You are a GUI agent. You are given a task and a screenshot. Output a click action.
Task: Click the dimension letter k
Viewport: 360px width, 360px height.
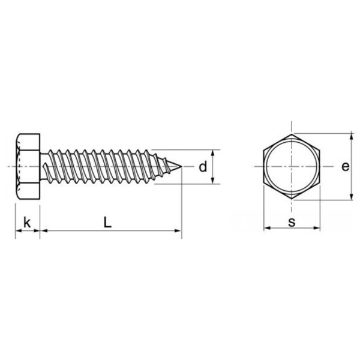point(26,223)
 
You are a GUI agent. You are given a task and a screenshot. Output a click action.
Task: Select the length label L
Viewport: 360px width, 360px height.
point(107,222)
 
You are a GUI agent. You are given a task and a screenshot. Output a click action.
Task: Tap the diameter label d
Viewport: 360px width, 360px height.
point(203,166)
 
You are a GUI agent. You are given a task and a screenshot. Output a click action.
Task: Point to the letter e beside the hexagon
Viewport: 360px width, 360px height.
point(344,166)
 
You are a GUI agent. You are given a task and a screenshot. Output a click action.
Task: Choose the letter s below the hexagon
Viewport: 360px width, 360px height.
point(292,222)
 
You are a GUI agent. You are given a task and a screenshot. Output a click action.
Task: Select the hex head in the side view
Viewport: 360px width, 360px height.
point(27,166)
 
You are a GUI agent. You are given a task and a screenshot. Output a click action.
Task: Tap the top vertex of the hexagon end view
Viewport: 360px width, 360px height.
point(292,133)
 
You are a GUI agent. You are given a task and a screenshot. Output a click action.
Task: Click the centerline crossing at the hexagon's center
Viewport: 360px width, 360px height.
point(292,166)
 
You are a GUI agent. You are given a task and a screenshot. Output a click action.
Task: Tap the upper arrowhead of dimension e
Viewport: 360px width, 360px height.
point(350,136)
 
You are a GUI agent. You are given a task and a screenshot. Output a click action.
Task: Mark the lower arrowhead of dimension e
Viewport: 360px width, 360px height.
point(350,196)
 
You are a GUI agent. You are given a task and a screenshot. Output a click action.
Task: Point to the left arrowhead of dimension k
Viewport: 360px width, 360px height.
point(18,230)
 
